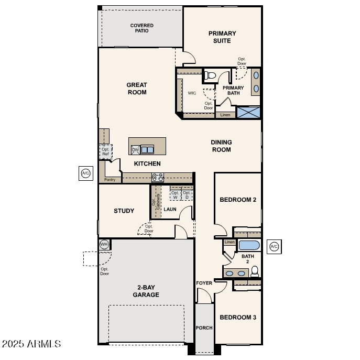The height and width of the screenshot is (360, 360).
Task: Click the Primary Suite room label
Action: pos(222,37)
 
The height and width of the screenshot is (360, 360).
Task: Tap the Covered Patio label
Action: pos(142,28)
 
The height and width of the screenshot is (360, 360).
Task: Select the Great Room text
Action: pos(136,89)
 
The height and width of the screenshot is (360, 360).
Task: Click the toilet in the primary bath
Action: pos(211,76)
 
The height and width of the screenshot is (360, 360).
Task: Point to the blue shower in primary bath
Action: pos(248,112)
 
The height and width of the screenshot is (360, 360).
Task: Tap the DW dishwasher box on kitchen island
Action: pos(135,150)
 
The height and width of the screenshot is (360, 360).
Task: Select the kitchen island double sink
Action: pos(147,150)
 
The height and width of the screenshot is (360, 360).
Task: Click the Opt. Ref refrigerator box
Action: pos(105,151)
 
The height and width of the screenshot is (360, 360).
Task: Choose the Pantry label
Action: pos(110,180)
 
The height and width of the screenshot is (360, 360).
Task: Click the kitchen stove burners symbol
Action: pos(157,177)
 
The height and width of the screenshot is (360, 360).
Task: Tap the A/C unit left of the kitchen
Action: pos(85,173)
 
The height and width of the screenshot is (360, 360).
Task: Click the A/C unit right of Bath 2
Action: pos(274,246)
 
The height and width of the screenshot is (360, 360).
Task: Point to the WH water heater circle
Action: pos(104,245)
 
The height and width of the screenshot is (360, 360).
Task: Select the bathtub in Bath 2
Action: pos(249,245)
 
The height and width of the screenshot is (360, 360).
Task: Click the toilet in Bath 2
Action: pos(255,271)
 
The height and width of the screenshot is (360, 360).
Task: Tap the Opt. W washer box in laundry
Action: pos(175,195)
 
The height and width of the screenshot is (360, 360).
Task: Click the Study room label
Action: pos(124,211)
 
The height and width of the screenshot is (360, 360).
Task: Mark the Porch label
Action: pos(204,328)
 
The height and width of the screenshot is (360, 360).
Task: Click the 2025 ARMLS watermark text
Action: pos(31,344)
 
